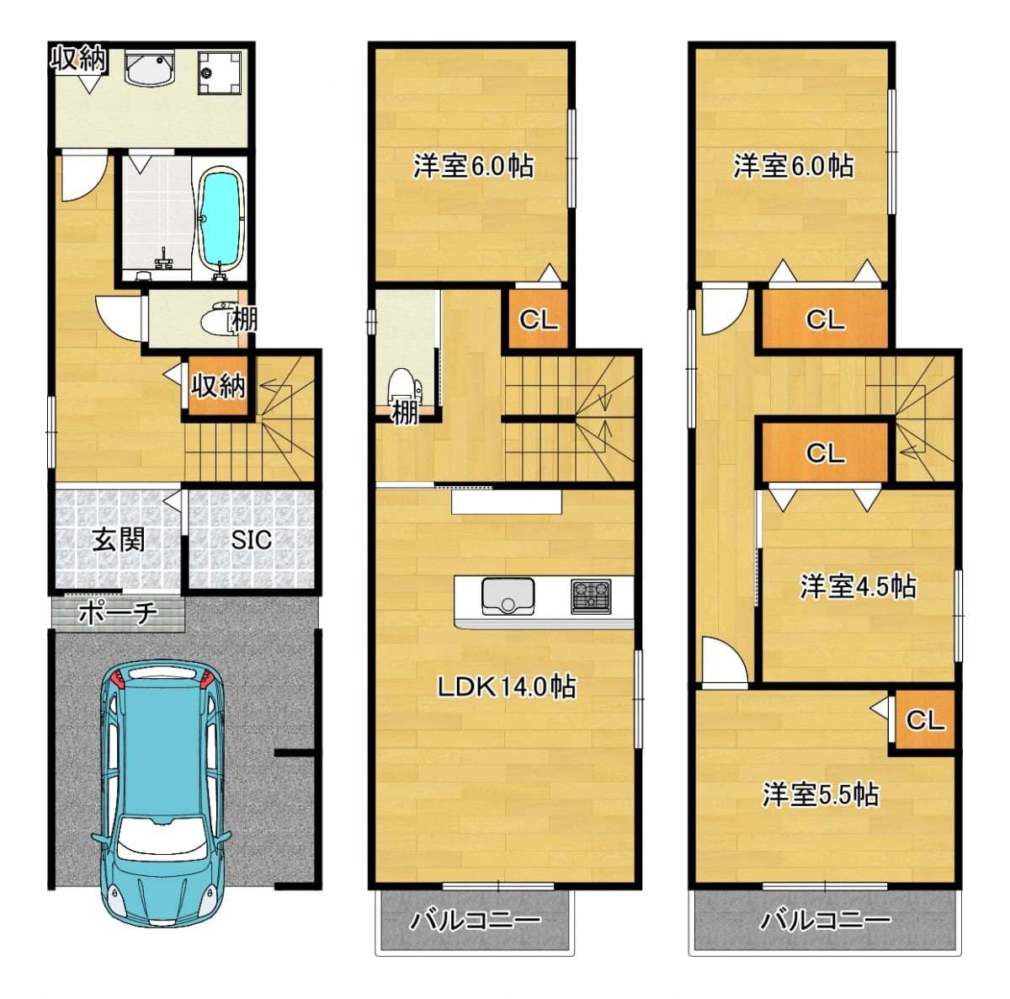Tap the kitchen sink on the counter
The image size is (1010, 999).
click(508, 596)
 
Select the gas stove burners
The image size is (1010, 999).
click(591, 596)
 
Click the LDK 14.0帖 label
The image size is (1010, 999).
click(507, 686)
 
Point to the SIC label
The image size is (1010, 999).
click(252, 539)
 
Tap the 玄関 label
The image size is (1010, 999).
click(119, 540)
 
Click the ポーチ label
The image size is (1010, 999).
click(118, 612)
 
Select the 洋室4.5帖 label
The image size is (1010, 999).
click(858, 586)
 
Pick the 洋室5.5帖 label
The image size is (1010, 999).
click(821, 794)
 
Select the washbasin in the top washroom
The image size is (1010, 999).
click(149, 68)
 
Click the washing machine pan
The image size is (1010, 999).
click(220, 72)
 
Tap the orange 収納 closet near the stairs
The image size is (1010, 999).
click(218, 386)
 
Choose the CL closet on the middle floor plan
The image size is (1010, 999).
click(539, 318)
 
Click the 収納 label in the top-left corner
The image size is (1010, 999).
click(78, 60)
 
